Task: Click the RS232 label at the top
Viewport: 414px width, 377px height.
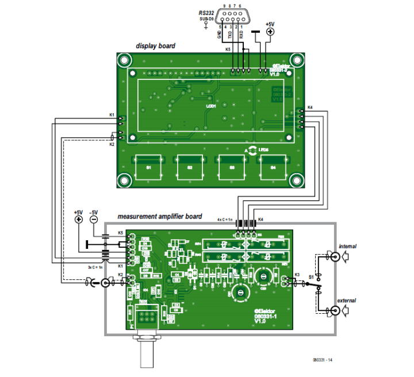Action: tap(206, 12)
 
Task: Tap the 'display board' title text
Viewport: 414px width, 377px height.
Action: tap(155, 45)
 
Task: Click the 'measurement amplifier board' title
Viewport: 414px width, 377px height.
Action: tap(159, 217)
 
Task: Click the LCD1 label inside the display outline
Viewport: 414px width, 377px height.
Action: tap(211, 106)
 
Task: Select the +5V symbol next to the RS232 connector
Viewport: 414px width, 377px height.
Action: tap(269, 33)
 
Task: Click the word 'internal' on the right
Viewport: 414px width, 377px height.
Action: tap(347, 246)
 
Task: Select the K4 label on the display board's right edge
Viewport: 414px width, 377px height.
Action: tap(310, 107)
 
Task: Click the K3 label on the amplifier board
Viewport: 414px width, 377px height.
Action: tap(297, 274)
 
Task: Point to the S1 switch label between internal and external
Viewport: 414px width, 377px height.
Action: tap(311, 277)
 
